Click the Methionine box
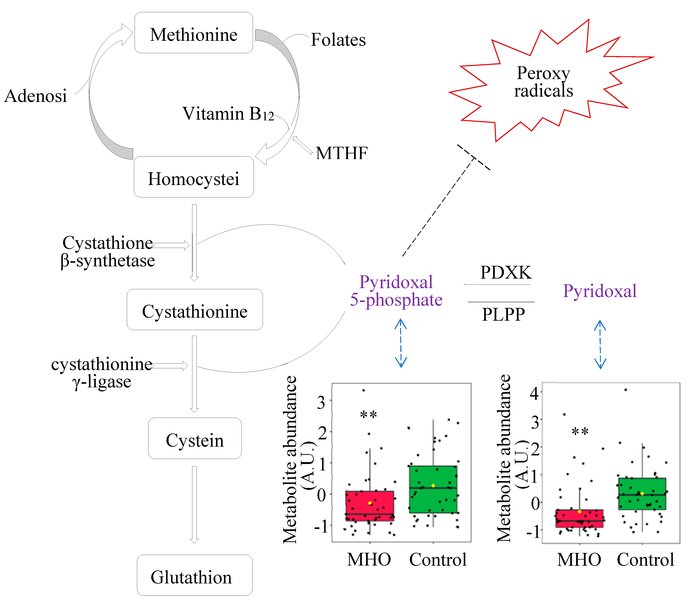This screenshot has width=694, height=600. (194, 33)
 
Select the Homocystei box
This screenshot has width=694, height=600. (194, 177)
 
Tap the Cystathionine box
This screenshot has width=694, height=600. (195, 310)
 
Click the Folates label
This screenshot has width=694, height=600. (338, 40)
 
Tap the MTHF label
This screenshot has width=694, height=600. (342, 153)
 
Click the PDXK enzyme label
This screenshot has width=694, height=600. (505, 272)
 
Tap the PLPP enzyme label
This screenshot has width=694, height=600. (503, 314)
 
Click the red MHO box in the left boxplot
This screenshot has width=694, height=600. (370, 506)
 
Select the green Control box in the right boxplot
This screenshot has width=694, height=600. (642, 494)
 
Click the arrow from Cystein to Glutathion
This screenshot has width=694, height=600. (194, 504)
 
